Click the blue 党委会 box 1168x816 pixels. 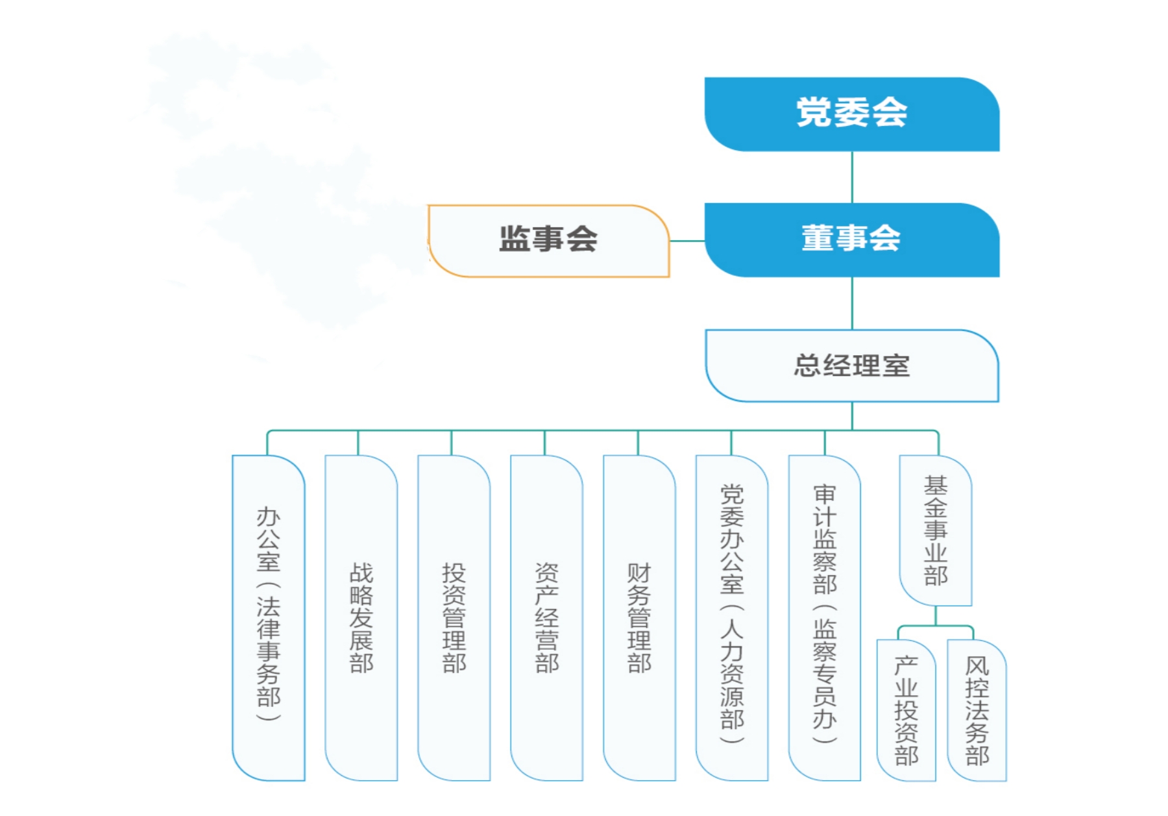click(851, 114)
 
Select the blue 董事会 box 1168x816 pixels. click(851, 240)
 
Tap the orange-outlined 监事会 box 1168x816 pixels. click(548, 240)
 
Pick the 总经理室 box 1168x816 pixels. click(851, 365)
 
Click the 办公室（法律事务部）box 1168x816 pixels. click(269, 617)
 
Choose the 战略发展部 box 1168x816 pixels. click(361, 617)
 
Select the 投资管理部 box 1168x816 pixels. click(454, 617)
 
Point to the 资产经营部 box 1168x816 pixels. click(547, 617)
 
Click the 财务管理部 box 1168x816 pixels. click(639, 617)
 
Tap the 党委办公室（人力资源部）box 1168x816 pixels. click(732, 617)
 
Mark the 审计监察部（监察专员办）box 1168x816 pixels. click(825, 617)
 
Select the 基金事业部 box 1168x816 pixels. click(936, 530)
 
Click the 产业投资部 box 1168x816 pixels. click(906, 710)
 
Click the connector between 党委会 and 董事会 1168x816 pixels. click(852, 177)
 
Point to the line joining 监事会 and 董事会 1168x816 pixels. click(687, 241)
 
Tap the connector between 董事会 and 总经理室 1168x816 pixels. click(852, 303)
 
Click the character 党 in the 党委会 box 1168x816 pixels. click(814, 112)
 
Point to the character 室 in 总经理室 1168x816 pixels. click(895, 366)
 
